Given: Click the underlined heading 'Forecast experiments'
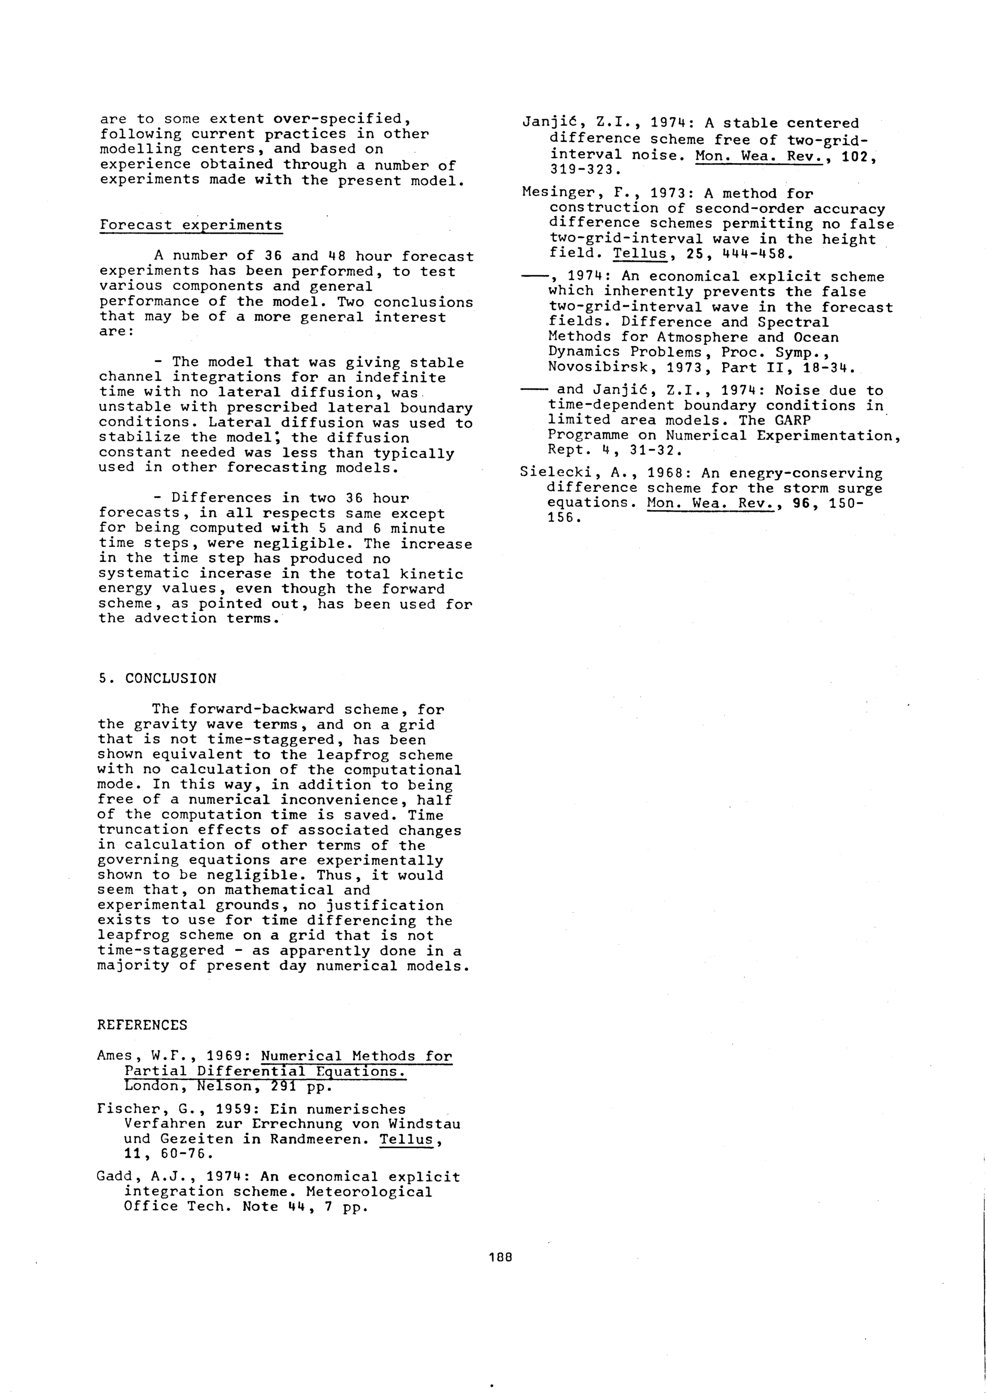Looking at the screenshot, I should pos(191,225).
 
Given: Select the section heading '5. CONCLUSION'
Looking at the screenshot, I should pos(157,678).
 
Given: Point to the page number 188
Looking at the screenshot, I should pos(501,1256).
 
